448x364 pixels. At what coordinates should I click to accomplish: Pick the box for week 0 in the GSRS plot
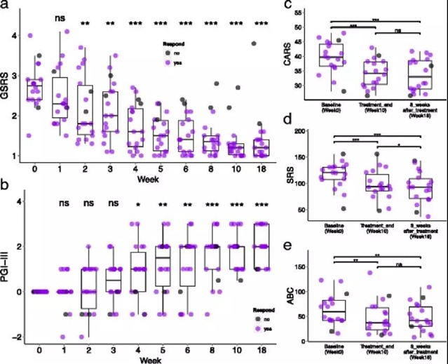click(34, 92)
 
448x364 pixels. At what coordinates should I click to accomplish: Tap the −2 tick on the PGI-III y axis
click(20, 337)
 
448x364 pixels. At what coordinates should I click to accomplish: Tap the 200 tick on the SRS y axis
click(311, 131)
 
